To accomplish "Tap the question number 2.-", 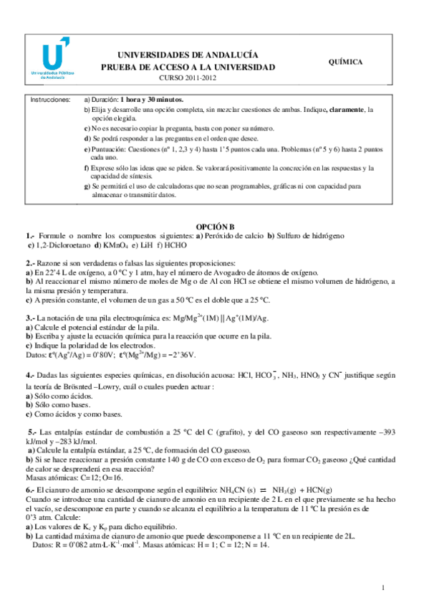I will [31, 263].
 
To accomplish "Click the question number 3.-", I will [31, 318].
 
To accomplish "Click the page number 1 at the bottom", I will [383, 589].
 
